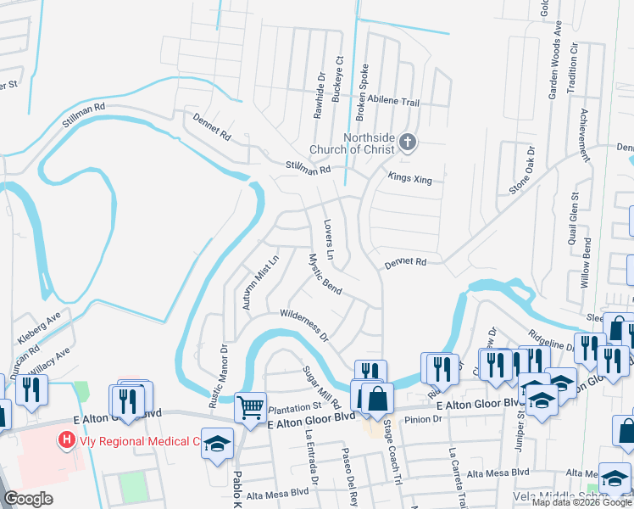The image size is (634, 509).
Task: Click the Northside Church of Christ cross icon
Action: [x=408, y=142]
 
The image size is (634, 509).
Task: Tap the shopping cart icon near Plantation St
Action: [x=250, y=408]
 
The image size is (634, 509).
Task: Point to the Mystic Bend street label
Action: [x=325, y=275]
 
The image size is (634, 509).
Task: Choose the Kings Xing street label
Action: [x=410, y=178]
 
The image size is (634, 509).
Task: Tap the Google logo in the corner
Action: [x=28, y=498]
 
